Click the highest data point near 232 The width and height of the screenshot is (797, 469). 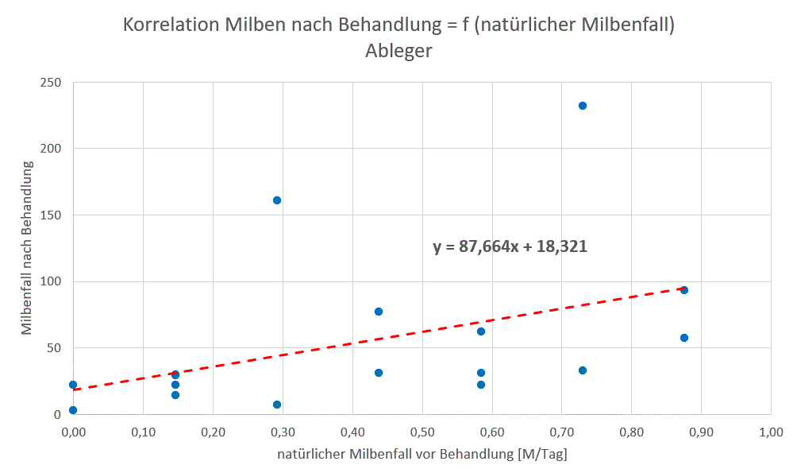pos(582,106)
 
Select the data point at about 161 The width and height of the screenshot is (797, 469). pos(277,200)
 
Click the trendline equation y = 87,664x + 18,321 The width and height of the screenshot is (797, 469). pos(510,246)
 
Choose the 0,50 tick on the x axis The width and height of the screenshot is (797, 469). pos(422,432)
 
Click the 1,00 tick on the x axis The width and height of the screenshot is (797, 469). pos(770,432)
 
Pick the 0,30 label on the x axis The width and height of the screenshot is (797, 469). pos(282,432)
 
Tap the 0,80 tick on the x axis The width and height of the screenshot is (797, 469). pos(631,432)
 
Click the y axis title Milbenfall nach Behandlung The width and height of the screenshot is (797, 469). pos(27,248)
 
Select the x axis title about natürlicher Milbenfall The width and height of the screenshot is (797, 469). pos(422,455)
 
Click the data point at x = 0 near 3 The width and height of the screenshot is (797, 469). pos(73,410)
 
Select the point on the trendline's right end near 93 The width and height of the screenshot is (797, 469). pos(683,290)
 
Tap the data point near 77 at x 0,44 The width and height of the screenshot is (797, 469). pos(379,312)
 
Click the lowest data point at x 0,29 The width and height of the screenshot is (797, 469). pos(277,405)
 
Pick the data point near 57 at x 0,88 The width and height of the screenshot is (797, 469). pos(683,338)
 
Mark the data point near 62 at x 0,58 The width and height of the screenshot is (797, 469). pos(480,331)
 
